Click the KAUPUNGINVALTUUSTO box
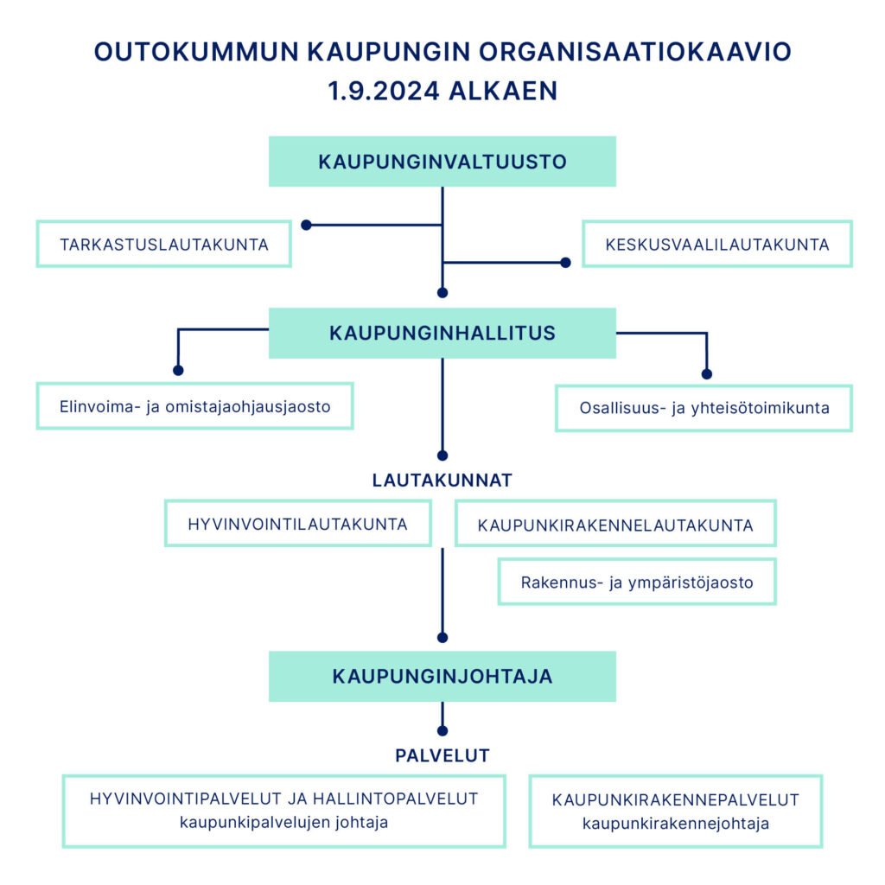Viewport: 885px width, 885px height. pos(442,162)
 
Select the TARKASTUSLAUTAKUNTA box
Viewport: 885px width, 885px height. pos(163,244)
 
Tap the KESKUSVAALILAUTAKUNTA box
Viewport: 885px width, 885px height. pos(716,244)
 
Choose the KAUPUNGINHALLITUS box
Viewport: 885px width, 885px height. pos(442,333)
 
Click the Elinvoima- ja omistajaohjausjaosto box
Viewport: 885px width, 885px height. pos(194,406)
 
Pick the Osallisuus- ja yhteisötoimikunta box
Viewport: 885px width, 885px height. pos(704,408)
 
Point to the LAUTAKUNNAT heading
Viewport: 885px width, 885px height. pos(442,481)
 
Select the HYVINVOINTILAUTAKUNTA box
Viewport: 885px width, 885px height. pos(298,523)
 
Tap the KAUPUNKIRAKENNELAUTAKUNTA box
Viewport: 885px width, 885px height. pos(615,524)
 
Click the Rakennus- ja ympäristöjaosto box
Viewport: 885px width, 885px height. pos(637,582)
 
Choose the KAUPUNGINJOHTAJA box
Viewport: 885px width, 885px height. pos(442,676)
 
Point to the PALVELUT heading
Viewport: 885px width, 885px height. pos(442,755)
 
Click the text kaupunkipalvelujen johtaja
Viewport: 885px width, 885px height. pos(283,823)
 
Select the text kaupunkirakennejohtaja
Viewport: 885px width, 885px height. pos(676,824)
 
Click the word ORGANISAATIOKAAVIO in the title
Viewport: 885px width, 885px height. pos(635,51)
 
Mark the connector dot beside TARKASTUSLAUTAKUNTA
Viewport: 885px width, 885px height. pos(307,226)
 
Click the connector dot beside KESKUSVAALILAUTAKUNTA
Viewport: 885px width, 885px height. pos(565,263)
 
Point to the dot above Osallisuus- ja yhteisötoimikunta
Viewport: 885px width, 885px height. pos(707,374)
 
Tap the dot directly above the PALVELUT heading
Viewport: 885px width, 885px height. pos(442,731)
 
